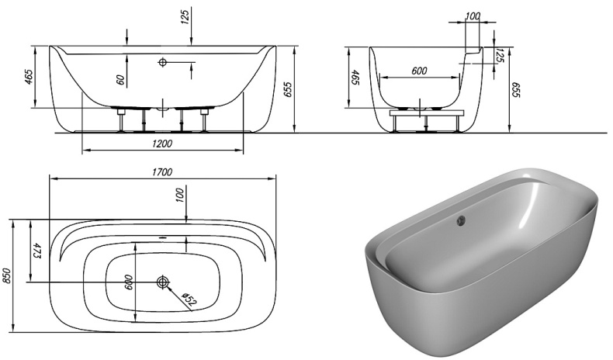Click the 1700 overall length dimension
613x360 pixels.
tap(162, 171)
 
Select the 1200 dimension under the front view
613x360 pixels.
tap(162, 144)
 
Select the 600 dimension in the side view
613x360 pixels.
tap(419, 71)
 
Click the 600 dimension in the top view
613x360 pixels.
tap(130, 284)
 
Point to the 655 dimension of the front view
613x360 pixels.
tap(289, 89)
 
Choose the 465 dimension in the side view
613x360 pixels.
tap(356, 78)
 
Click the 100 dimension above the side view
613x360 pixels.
tap(473, 16)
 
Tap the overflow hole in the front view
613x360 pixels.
tap(163, 61)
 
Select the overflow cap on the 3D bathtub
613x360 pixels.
tap(461, 220)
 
